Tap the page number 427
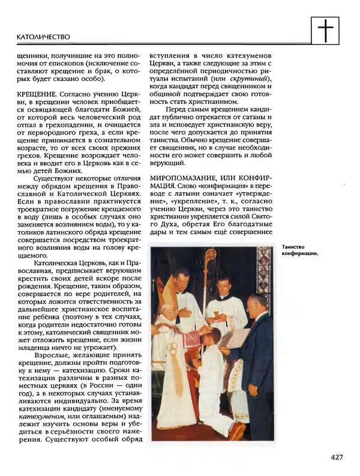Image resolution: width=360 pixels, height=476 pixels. click(336, 458)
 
